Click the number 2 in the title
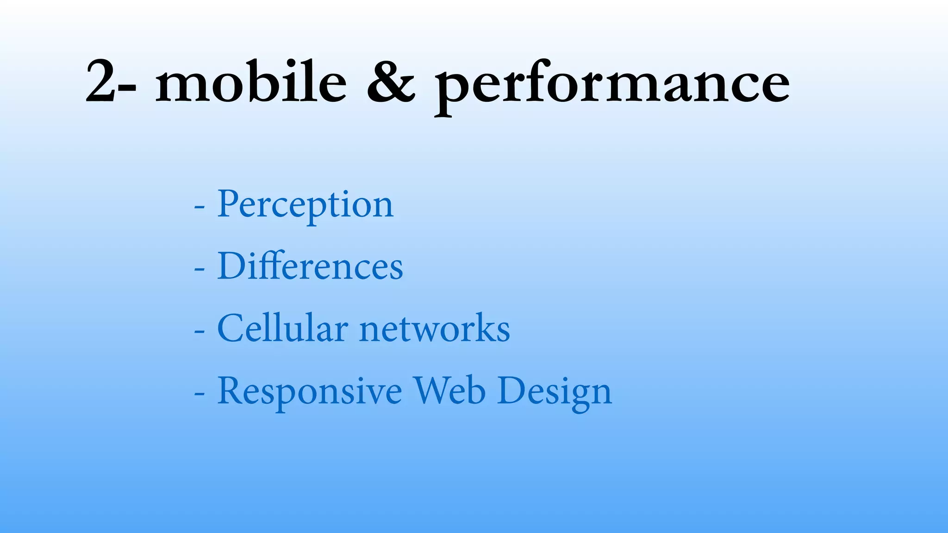click(100, 82)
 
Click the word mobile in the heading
click(250, 82)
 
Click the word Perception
click(305, 205)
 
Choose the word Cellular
click(282, 328)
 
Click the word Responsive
click(309, 391)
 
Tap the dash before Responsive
click(199, 394)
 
